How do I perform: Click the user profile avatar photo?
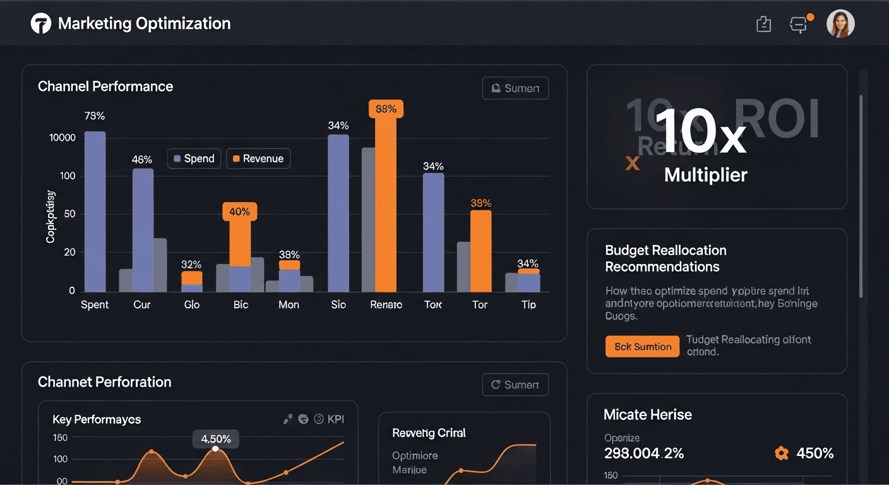840,24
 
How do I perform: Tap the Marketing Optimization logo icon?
40,24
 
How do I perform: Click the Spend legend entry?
194,159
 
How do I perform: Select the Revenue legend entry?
258,159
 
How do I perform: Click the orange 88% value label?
386,109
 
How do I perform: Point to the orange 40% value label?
239,212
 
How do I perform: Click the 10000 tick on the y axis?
62,138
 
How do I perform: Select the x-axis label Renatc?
386,304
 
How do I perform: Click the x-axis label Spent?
95,304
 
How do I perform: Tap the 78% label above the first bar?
94,116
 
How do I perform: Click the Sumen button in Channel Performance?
515,88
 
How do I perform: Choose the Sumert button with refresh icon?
515,385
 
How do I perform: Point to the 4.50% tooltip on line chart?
215,438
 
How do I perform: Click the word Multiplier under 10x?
705,175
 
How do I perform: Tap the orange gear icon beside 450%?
781,453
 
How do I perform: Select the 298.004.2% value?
644,453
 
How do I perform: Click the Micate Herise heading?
647,414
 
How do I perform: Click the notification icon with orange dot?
799,25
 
